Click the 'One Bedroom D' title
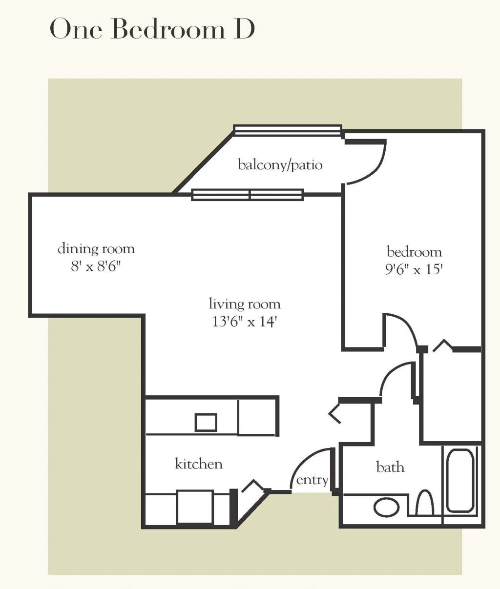click(x=152, y=30)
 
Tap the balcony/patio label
click(x=280, y=165)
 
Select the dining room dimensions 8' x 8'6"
click(x=96, y=267)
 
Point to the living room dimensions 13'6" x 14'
click(x=245, y=322)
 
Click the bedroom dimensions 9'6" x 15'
click(x=414, y=269)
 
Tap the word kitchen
click(x=199, y=464)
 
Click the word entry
click(x=312, y=480)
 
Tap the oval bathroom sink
click(x=387, y=507)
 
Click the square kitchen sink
click(x=206, y=422)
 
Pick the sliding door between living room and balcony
click(x=248, y=195)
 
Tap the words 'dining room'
click(x=96, y=249)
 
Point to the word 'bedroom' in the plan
click(x=414, y=252)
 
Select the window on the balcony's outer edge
click(x=288, y=130)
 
